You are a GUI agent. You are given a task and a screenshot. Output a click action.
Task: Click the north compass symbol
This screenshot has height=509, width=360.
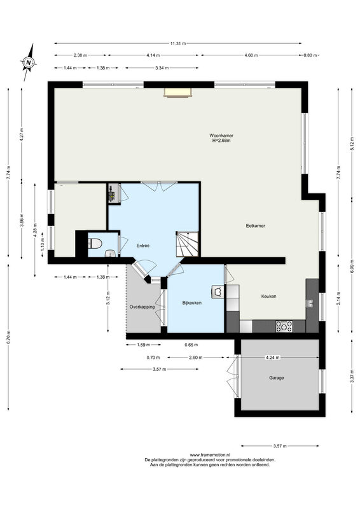29,62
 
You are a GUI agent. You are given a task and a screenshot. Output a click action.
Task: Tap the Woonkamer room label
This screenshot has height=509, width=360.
221,136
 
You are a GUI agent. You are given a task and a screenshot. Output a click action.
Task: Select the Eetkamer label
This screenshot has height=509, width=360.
256,226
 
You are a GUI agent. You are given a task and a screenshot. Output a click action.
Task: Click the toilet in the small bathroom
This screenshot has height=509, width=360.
95,243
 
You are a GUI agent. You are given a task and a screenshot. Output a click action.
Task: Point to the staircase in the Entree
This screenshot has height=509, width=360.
187,244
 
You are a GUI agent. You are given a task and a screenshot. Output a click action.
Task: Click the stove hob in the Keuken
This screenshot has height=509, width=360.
284,326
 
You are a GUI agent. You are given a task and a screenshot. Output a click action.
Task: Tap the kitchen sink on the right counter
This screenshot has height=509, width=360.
310,303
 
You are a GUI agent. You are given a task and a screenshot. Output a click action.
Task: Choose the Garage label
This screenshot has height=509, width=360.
277,378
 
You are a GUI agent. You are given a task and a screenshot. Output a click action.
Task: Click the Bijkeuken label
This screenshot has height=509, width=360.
192,303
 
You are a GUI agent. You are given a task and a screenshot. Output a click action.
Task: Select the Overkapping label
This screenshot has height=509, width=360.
142,307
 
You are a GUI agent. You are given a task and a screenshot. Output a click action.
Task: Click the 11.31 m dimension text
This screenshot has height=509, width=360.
178,43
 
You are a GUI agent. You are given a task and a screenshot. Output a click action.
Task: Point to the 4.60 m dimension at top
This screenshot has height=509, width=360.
251,55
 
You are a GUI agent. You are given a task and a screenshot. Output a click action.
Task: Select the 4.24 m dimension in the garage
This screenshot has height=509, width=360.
273,358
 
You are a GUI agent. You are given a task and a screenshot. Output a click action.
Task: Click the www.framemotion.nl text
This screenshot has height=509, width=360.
210,455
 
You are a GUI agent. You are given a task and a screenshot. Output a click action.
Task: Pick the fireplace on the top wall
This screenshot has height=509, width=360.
178,92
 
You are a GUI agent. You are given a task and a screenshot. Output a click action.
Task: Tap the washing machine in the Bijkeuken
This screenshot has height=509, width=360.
218,291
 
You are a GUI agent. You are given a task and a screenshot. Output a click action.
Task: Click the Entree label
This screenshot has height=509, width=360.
143,246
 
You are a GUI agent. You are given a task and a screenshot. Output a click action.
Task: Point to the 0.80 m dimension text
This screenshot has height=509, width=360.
310,55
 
